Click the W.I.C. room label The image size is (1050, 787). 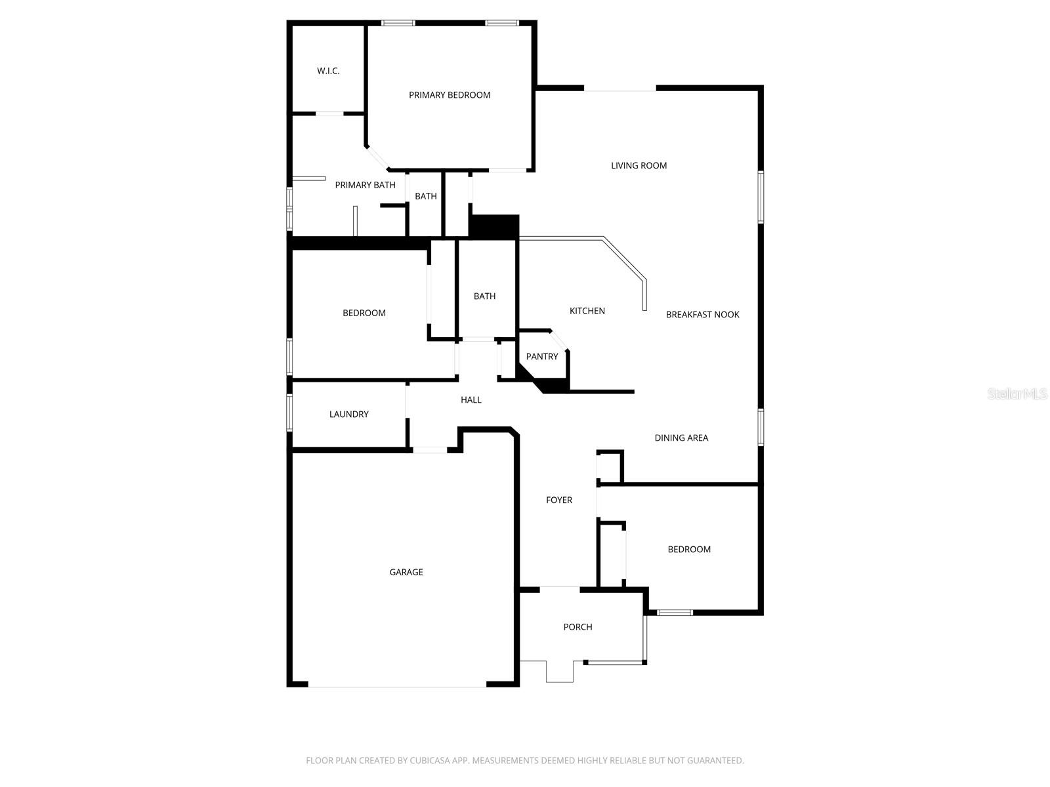click(x=328, y=71)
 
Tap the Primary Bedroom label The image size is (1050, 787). click(x=450, y=95)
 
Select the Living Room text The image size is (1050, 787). click(x=639, y=166)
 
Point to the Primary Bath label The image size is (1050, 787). click(x=365, y=185)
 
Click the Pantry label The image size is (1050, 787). click(x=542, y=357)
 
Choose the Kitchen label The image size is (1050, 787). click(x=587, y=311)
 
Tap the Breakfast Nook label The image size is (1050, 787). click(x=702, y=315)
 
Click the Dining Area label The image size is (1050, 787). click(x=681, y=438)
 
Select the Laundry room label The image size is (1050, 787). click(x=348, y=414)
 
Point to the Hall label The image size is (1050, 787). click(x=471, y=400)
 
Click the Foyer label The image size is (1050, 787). click(x=559, y=500)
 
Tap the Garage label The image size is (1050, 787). click(x=406, y=573)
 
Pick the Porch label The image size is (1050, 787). click(x=577, y=627)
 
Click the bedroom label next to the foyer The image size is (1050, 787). click(x=689, y=550)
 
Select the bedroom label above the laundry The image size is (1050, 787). click(x=364, y=313)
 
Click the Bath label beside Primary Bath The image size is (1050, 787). click(x=425, y=196)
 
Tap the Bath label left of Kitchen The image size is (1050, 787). click(x=484, y=296)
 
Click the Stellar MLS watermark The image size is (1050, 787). click(x=1017, y=394)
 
